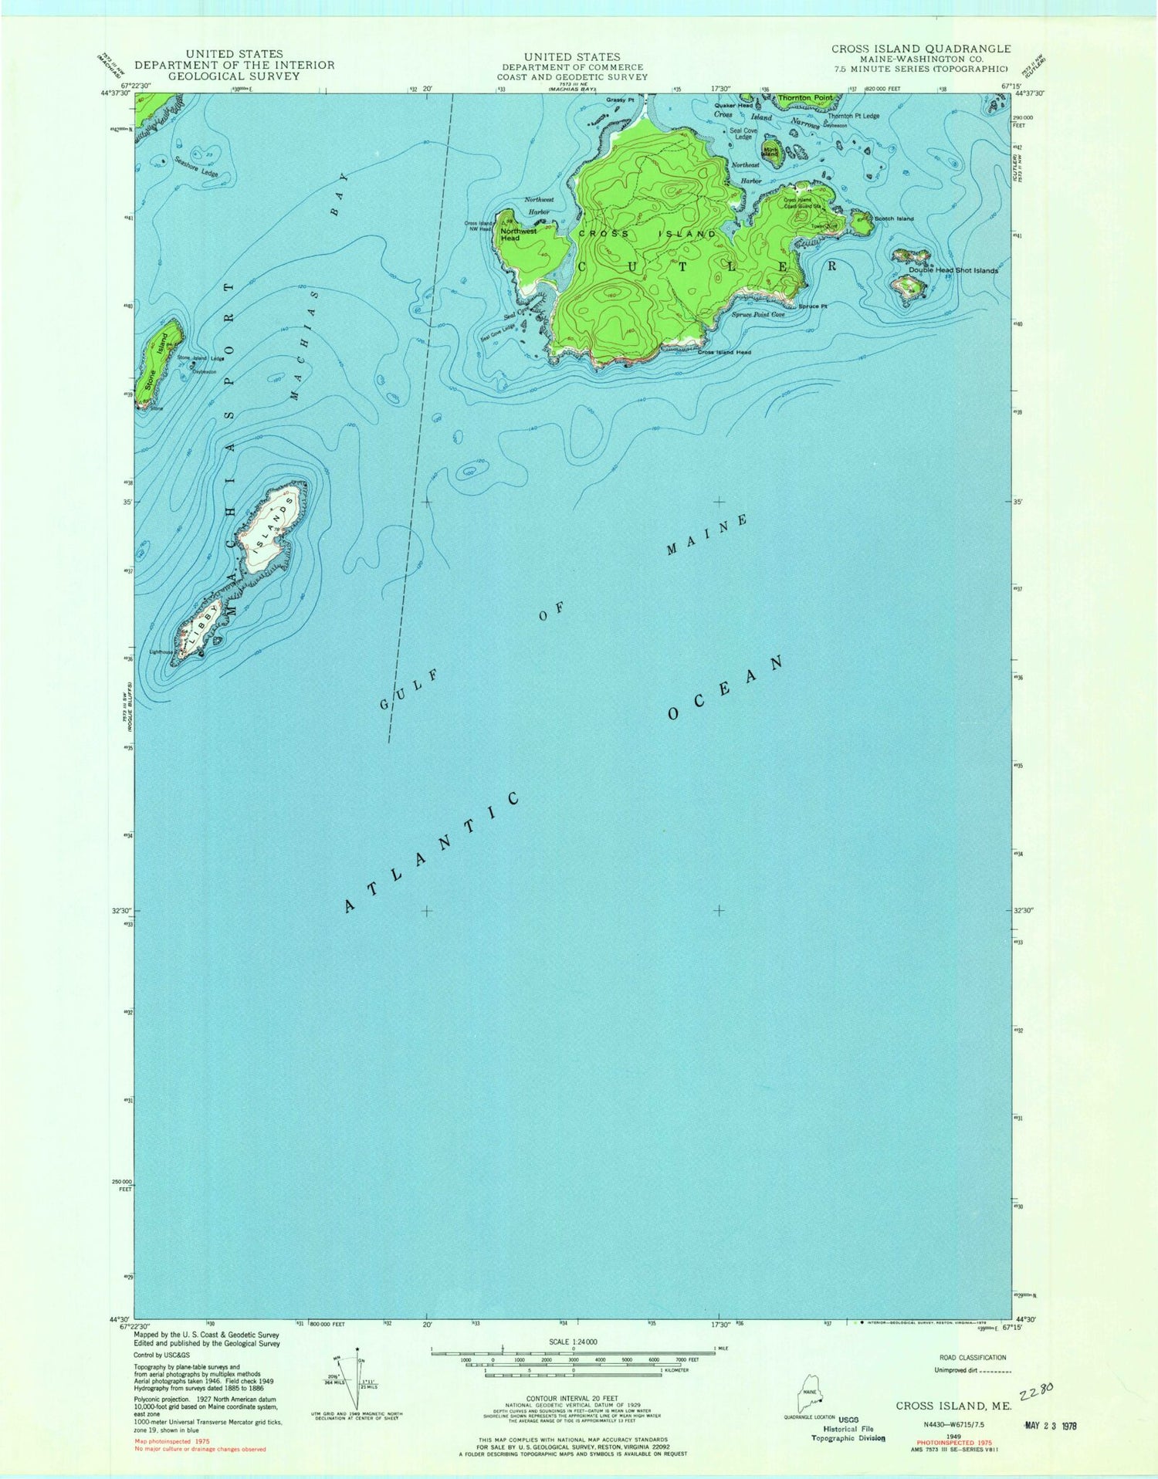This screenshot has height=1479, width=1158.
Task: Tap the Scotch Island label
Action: click(x=894, y=218)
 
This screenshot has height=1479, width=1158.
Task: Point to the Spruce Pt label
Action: click(x=813, y=306)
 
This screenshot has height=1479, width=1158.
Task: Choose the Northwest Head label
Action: click(x=518, y=235)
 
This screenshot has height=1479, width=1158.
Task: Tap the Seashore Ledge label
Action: click(x=196, y=168)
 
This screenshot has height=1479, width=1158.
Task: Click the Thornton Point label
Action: click(x=805, y=98)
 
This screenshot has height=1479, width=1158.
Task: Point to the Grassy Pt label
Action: click(x=619, y=100)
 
